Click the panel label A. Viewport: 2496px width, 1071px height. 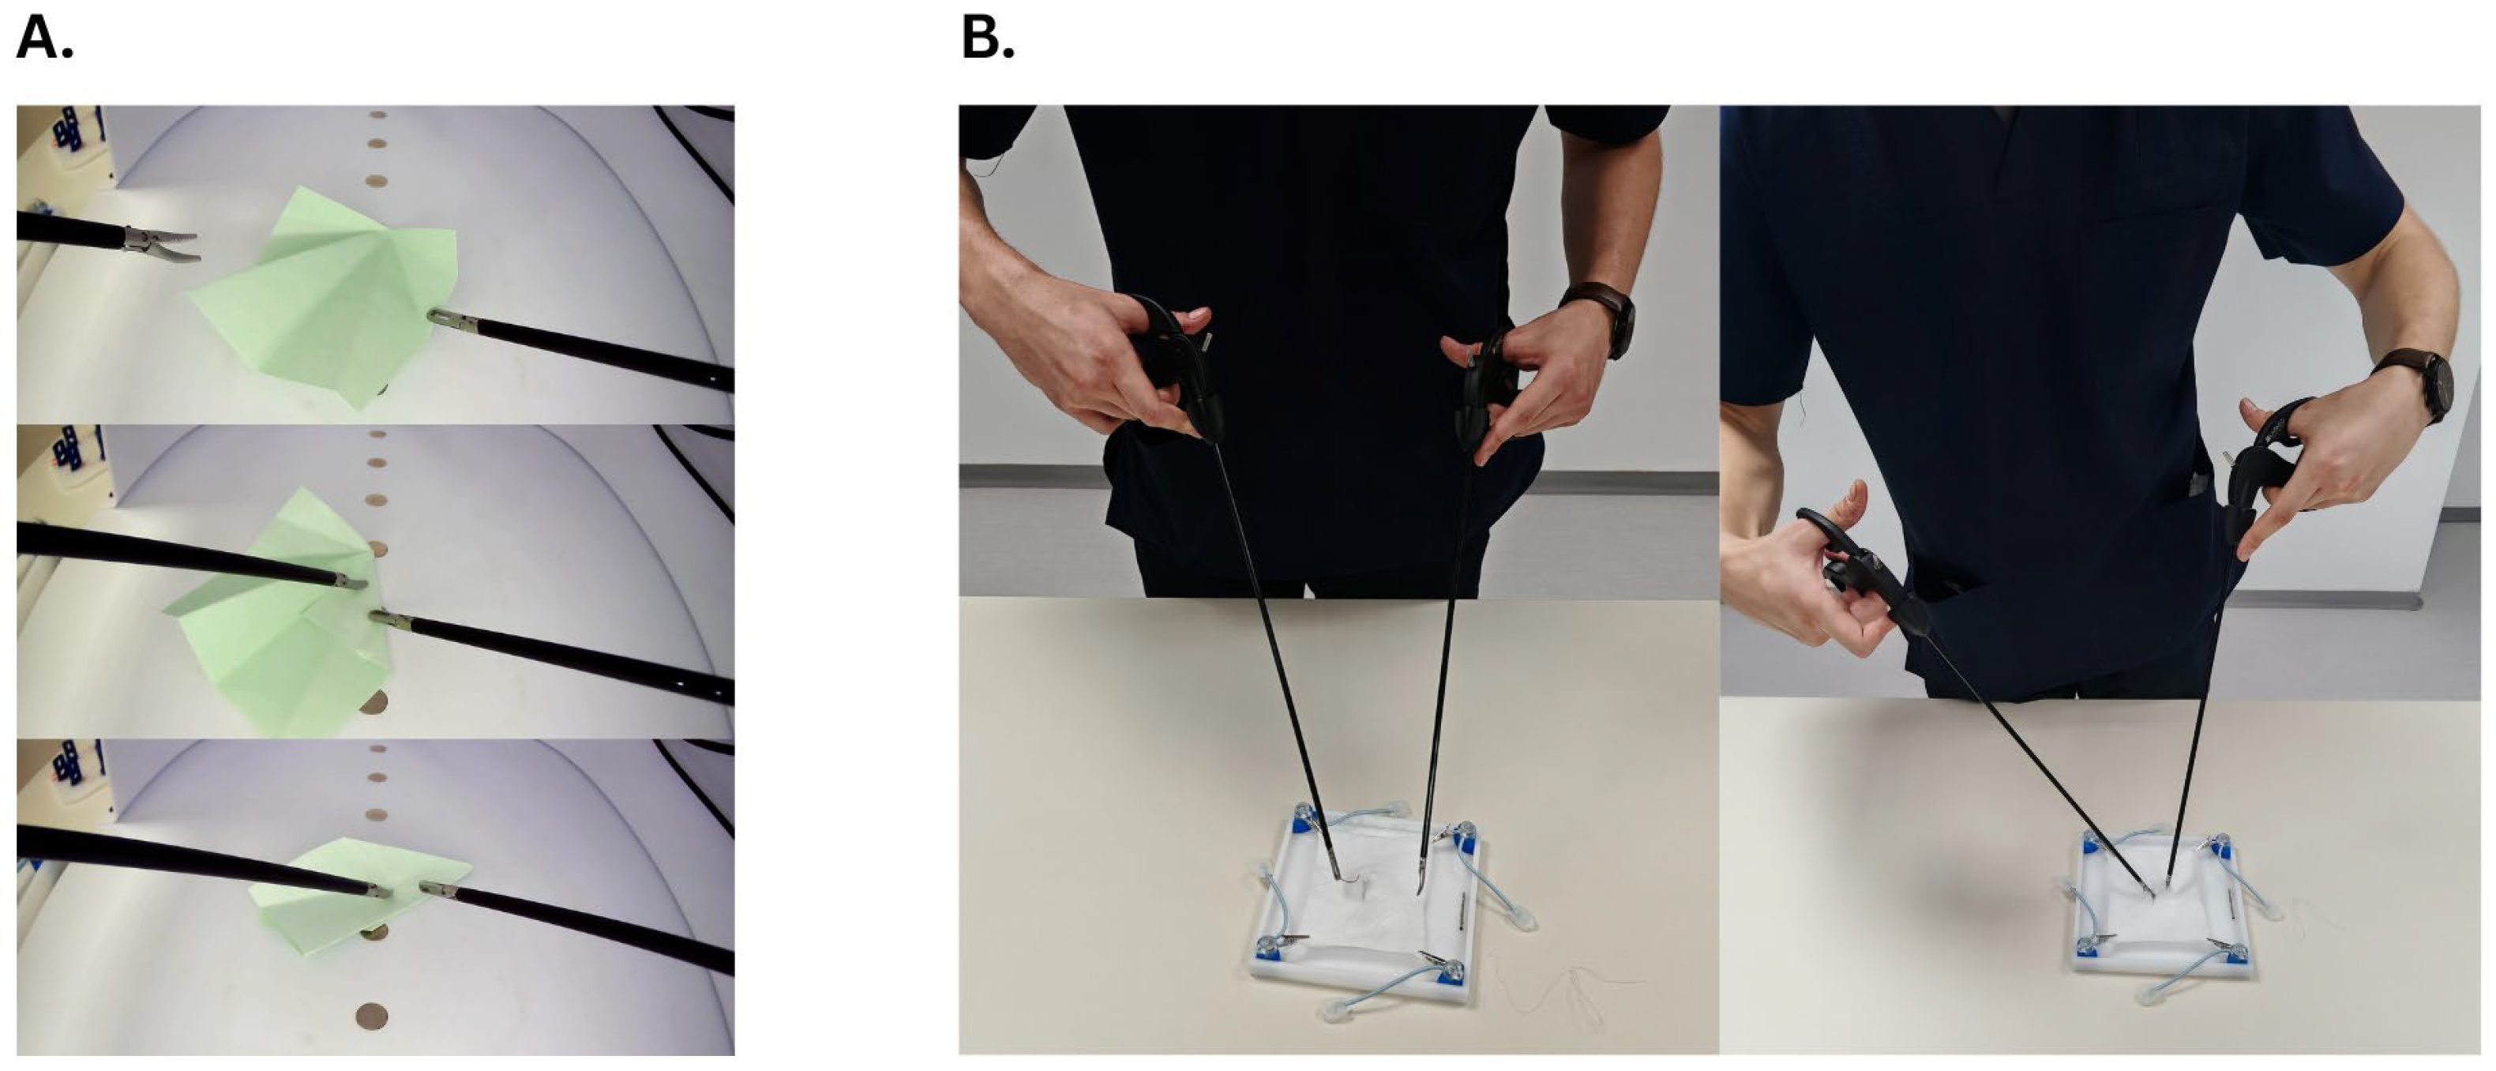[44, 39]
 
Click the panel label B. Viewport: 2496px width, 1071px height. [987, 39]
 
